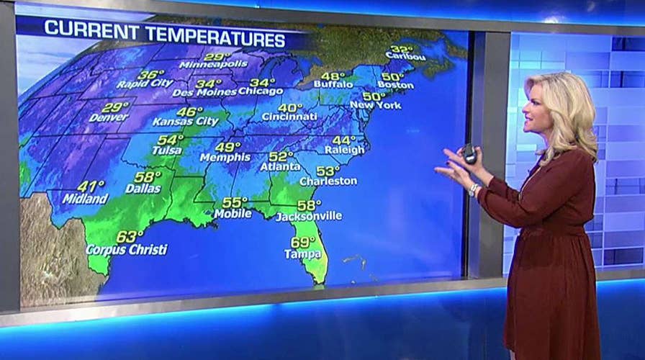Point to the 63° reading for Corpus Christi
pos(130,236)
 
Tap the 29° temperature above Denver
pos(114,107)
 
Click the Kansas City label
pos(185,122)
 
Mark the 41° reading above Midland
pos(91,186)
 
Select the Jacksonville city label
pos(310,216)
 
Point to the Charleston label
pos(328,181)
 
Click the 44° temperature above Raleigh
pos(344,140)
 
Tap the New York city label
pos(375,105)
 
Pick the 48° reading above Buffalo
pos(333,76)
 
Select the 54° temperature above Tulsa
pos(171,140)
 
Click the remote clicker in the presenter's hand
pos(469,153)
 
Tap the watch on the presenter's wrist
pos(473,190)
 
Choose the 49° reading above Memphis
pos(227,147)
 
